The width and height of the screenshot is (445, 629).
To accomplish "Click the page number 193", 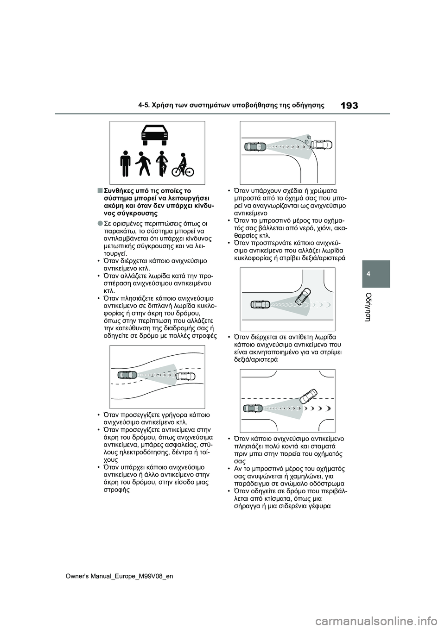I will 349,105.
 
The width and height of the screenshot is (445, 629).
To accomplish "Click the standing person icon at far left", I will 125,163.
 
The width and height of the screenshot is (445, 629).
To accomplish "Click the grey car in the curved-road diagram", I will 127,375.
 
